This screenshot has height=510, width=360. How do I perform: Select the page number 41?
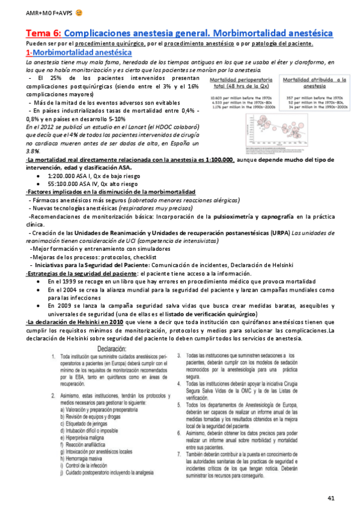pos(331,499)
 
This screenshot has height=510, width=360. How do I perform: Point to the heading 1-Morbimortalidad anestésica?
pos(79,53)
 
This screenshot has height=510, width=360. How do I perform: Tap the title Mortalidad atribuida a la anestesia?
pos(313,82)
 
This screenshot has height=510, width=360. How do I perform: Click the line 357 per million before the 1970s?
pos(313,97)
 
